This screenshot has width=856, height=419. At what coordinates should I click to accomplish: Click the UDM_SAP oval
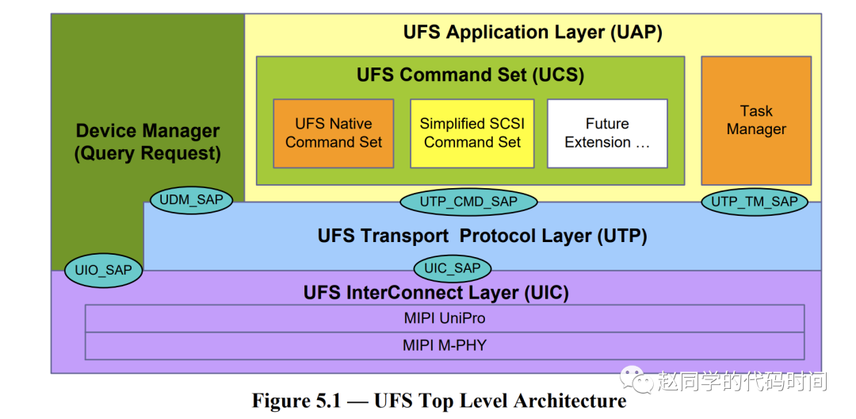coord(191,200)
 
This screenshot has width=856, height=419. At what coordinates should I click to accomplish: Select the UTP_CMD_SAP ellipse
coord(468,202)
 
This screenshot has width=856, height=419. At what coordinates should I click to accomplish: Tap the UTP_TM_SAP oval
coord(754,202)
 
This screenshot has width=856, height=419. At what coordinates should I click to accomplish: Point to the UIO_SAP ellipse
coord(104,271)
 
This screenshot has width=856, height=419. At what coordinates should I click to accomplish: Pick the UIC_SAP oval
coord(452,268)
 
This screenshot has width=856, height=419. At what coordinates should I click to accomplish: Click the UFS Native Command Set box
coord(333,133)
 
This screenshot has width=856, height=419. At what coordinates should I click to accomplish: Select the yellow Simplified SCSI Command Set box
coord(472,133)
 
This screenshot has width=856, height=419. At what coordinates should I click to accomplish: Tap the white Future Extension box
coord(607,133)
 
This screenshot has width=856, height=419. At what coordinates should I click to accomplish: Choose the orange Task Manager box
coord(756,121)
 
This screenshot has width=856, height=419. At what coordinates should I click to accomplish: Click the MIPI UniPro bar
coord(444,318)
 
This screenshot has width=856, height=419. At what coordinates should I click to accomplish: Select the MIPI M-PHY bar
coord(444,345)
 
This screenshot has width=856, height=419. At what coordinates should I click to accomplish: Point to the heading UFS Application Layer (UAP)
coord(532,33)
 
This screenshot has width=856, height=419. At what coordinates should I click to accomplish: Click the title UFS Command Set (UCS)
coord(470,75)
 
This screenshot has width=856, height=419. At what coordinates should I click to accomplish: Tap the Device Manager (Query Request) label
coord(147,141)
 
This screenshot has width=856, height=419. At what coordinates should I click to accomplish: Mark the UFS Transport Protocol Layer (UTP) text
coord(482,236)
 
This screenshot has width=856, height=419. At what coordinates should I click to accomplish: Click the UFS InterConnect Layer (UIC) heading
coord(436,293)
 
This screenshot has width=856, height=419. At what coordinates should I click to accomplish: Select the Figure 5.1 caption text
coord(438,401)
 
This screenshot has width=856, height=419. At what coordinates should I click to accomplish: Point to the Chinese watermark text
coord(741,381)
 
